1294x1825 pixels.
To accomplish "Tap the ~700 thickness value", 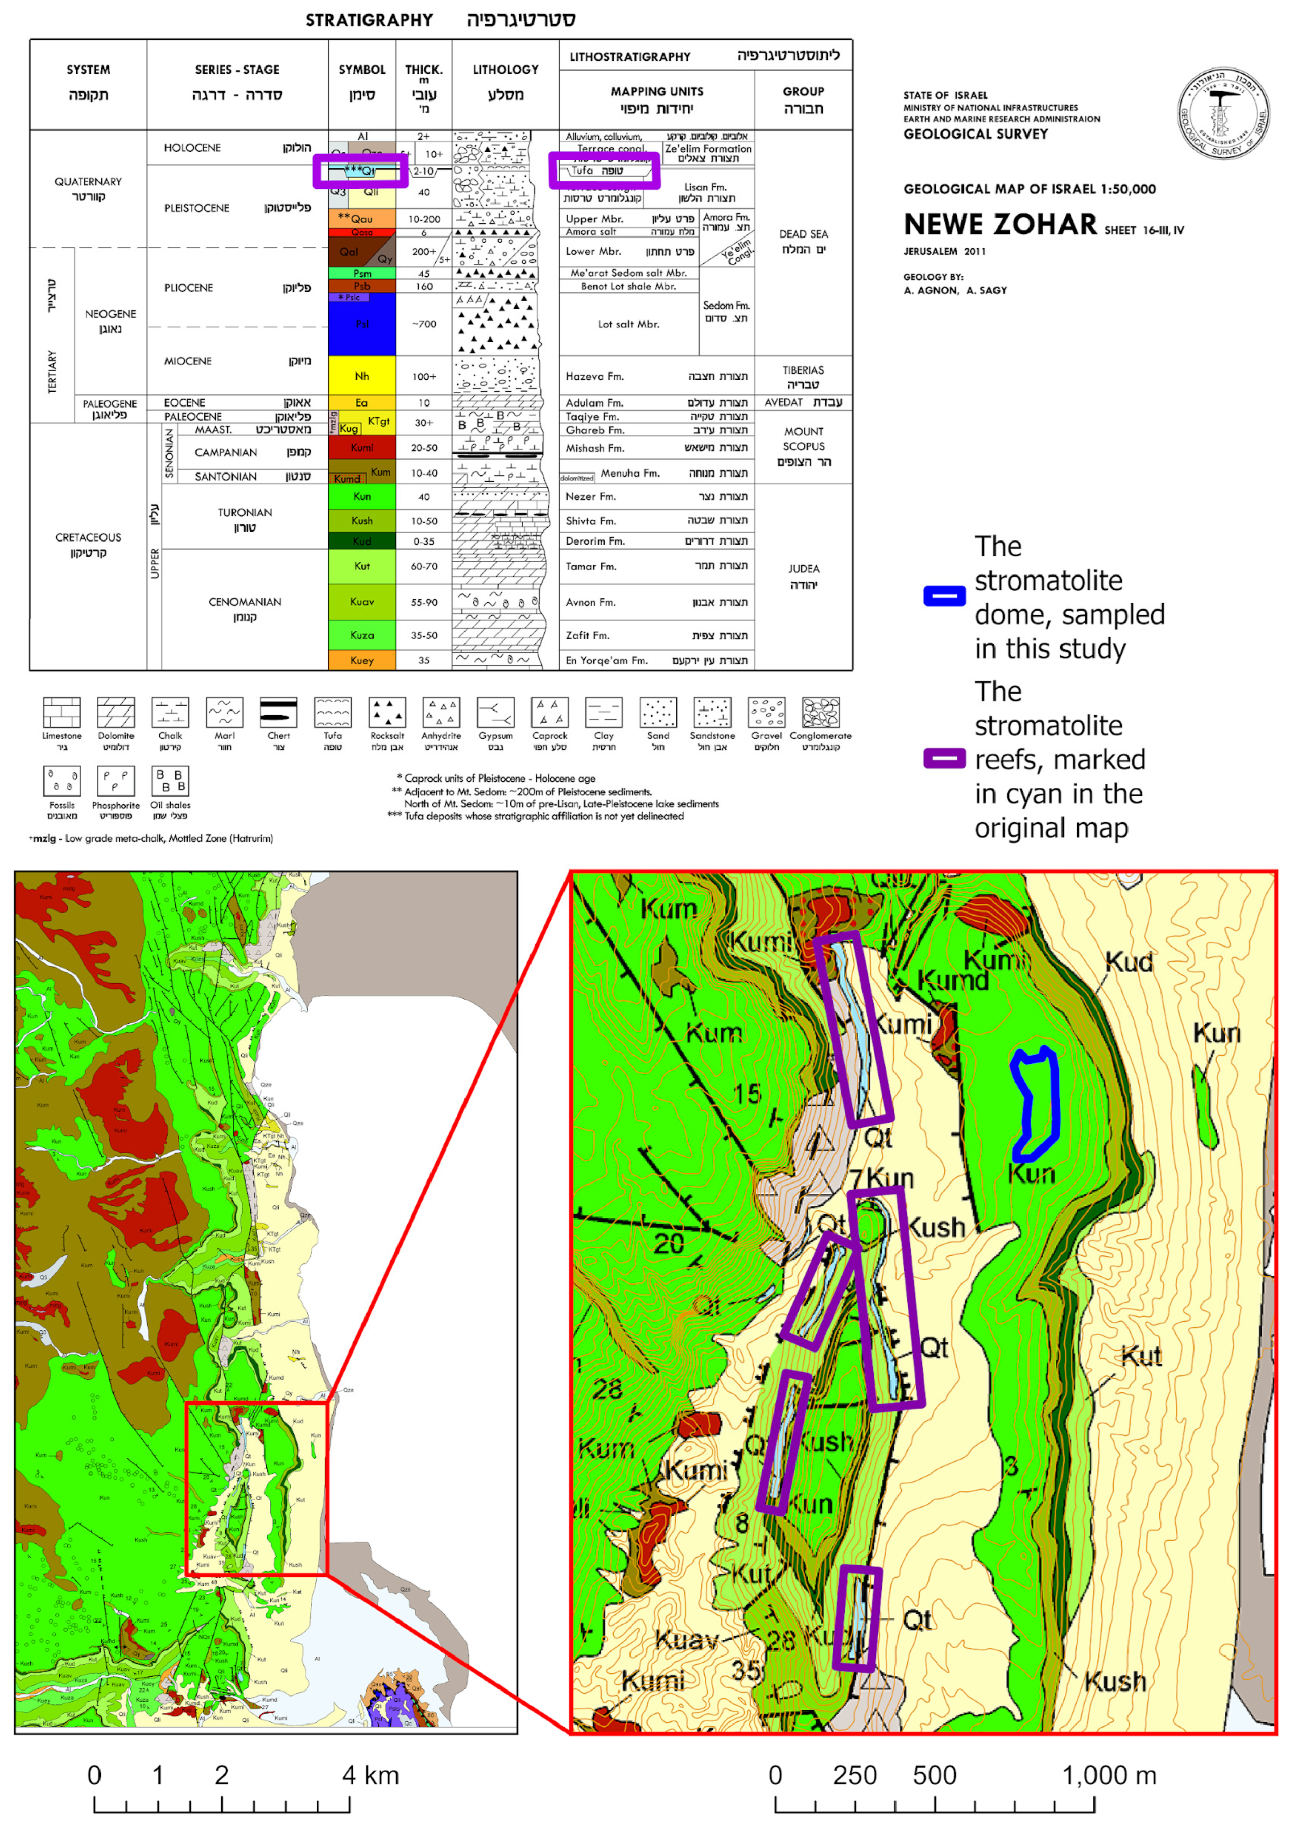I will coord(424,324).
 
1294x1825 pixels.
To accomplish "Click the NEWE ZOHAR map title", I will coord(1000,225).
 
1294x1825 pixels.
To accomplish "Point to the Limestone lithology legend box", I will coord(61,712).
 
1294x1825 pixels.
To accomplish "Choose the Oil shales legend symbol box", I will coord(170,782).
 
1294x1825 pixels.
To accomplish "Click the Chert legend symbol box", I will coord(278,712).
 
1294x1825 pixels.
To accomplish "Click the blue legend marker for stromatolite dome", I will coord(944,596).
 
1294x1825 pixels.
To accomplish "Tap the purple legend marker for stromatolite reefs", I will coord(944,758).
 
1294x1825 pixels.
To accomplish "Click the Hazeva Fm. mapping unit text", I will coord(594,376).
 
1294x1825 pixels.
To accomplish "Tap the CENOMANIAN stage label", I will coord(245,602).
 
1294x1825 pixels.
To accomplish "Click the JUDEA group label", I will coord(803,569).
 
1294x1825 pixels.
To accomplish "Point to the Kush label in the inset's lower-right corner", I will coord(1115,1681).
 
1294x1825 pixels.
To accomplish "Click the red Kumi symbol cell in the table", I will coord(362,448).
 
